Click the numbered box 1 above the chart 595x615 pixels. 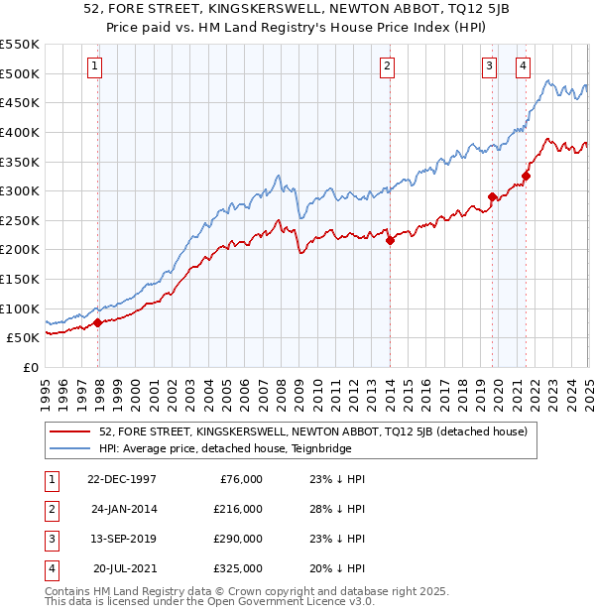point(94,67)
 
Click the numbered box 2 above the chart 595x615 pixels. point(387,67)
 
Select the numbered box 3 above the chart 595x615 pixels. point(489,67)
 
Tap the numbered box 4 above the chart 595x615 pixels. point(523,67)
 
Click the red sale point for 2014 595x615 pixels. point(390,240)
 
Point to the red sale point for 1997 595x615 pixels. point(98,322)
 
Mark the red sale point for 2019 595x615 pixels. point(492,196)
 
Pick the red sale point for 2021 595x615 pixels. point(526,177)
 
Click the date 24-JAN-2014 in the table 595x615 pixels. point(123,509)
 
